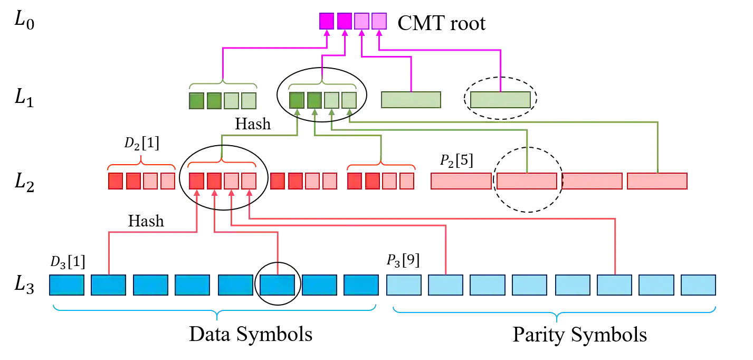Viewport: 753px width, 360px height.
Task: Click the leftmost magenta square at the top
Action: (x=327, y=21)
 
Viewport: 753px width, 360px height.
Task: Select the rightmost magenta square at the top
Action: (x=379, y=21)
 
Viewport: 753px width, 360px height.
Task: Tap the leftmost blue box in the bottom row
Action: (x=66, y=285)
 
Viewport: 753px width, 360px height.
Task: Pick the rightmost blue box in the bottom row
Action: (x=698, y=285)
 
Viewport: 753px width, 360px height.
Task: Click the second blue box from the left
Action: (x=108, y=285)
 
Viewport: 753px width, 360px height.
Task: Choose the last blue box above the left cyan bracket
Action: (x=361, y=285)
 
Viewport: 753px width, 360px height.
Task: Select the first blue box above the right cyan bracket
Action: (x=404, y=285)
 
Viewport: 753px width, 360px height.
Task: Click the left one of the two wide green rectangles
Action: (x=411, y=100)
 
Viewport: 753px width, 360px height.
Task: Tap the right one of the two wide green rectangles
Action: (x=500, y=100)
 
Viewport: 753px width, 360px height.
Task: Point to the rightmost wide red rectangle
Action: (x=657, y=181)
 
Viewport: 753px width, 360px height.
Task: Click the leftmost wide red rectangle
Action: (x=461, y=181)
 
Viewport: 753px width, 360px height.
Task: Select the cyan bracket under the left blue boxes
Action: (x=215, y=310)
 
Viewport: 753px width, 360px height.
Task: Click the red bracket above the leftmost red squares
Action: (x=141, y=164)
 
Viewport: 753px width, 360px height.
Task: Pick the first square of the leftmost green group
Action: (x=196, y=100)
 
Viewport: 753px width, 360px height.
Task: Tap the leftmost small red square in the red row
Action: (x=115, y=181)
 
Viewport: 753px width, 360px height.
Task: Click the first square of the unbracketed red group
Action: (x=278, y=181)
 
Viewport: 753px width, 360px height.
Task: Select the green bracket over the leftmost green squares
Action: (x=222, y=84)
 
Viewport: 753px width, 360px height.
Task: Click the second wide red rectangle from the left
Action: (x=527, y=181)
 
